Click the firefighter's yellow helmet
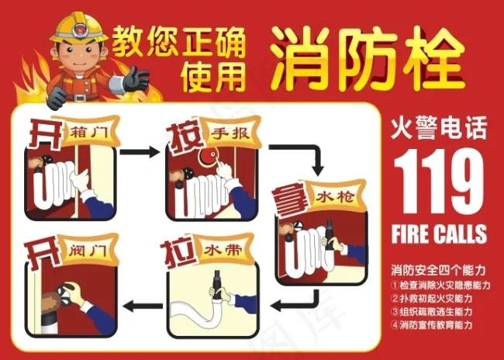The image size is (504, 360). [x=79, y=28]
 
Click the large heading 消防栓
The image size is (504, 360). [x=368, y=58]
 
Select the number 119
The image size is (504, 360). [x=439, y=181]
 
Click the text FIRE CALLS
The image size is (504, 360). [x=439, y=234]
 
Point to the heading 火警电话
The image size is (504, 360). [x=439, y=128]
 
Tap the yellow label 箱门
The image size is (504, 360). [x=88, y=132]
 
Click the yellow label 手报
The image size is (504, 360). [x=231, y=133]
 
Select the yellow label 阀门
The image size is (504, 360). [x=88, y=250]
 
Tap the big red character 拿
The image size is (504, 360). [x=288, y=201]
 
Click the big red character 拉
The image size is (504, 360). [x=178, y=255]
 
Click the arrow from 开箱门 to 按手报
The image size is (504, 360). [x=139, y=152]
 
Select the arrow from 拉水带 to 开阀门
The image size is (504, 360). [x=143, y=306]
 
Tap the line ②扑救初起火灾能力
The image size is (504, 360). [x=432, y=299]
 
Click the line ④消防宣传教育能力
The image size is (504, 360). [x=432, y=324]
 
